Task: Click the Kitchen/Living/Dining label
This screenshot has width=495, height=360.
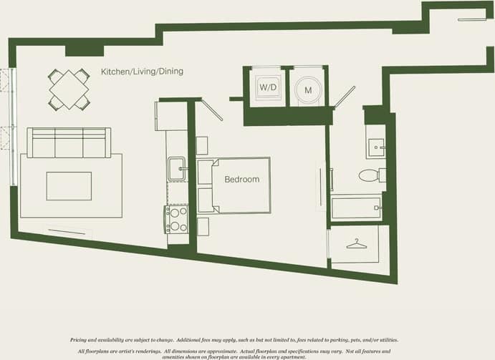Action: click(142, 72)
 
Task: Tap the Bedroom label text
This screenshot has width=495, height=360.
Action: click(241, 179)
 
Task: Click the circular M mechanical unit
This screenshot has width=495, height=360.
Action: click(309, 89)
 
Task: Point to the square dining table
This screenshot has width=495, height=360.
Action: click(69, 89)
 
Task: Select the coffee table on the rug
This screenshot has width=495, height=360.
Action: click(69, 186)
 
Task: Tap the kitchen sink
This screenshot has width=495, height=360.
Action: click(176, 169)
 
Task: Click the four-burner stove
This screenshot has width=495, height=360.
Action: click(176, 220)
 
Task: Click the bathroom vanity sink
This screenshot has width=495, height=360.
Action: click(375, 147)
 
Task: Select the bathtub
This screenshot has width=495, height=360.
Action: click(357, 208)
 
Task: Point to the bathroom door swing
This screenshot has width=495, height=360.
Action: click(345, 97)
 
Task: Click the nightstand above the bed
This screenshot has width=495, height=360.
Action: click(202, 145)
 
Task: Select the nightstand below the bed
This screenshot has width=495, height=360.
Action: click(202, 226)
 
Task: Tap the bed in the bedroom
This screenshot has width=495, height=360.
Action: click(236, 185)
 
